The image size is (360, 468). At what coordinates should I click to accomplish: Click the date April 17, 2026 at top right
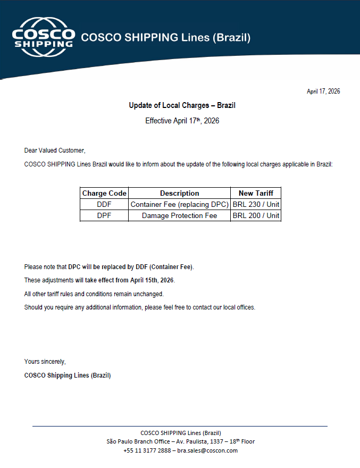click(323, 91)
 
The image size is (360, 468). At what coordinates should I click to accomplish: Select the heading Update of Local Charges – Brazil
click(182, 105)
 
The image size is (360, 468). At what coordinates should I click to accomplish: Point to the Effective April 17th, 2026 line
click(182, 121)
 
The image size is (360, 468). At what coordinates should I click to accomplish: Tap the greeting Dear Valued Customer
click(54, 151)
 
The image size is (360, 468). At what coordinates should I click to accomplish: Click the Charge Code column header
click(104, 193)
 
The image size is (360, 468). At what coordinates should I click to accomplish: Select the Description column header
click(180, 193)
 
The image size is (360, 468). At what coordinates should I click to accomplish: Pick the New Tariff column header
click(256, 193)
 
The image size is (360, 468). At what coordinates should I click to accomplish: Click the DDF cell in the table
click(104, 204)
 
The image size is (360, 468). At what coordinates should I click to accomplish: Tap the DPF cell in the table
click(104, 215)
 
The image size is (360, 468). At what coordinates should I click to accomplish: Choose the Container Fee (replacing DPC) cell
click(180, 204)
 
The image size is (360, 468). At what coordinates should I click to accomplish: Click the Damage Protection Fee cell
click(180, 215)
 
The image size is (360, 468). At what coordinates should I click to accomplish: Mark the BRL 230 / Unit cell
click(256, 204)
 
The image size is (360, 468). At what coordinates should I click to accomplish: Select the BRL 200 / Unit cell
click(256, 215)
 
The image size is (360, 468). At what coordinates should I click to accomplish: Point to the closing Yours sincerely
click(45, 362)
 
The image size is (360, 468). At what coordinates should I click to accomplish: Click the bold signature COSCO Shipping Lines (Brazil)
click(68, 375)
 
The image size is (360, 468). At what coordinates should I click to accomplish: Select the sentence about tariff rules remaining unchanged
click(94, 294)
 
